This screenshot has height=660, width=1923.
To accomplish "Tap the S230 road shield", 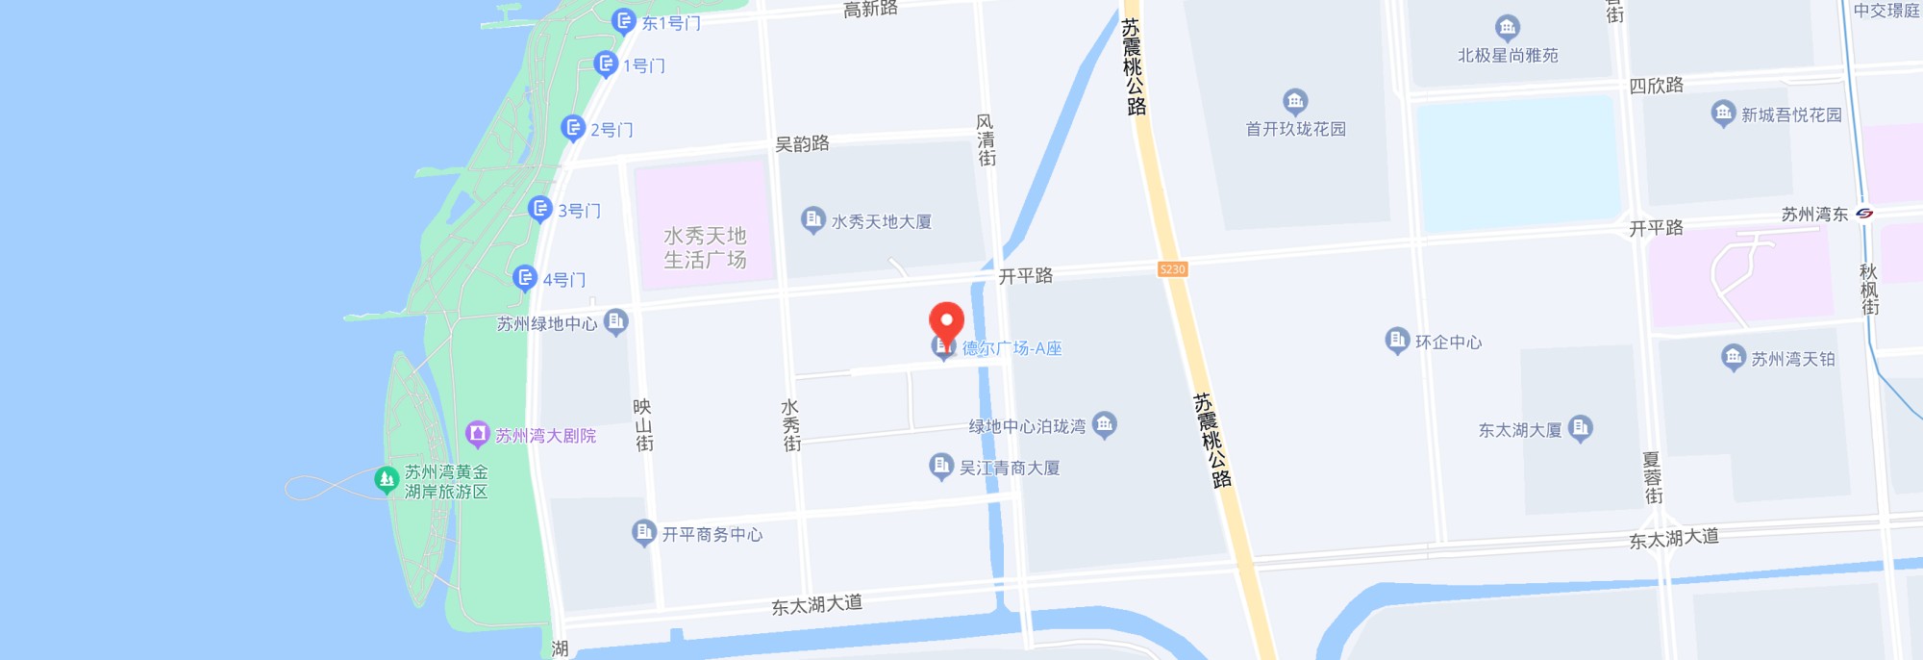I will (1172, 269).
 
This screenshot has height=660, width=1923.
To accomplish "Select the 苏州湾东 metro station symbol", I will (1864, 214).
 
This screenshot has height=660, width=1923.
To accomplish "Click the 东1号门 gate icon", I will (624, 20).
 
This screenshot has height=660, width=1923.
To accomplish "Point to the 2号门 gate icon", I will (573, 127).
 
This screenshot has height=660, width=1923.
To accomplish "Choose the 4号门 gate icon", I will (525, 278).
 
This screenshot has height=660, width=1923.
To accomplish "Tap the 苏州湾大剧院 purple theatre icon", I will (477, 434).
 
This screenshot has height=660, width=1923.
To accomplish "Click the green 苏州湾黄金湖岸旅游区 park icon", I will (387, 478).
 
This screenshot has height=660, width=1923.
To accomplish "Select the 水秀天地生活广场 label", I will (705, 247).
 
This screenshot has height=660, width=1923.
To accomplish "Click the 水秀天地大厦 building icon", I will (812, 219).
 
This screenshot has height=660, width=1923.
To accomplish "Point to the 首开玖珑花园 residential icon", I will (1295, 100).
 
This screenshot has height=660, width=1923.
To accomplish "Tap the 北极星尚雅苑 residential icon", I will (1507, 27).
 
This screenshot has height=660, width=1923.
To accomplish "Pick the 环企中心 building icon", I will (1396, 340).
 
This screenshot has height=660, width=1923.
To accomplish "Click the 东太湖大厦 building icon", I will (1580, 427).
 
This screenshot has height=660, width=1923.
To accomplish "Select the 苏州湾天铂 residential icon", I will (1733, 357).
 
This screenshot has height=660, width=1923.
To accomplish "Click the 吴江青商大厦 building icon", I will (940, 467).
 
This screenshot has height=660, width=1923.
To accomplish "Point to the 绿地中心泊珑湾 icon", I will (1104, 423).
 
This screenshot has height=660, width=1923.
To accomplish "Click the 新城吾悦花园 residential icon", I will (1723, 113).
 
